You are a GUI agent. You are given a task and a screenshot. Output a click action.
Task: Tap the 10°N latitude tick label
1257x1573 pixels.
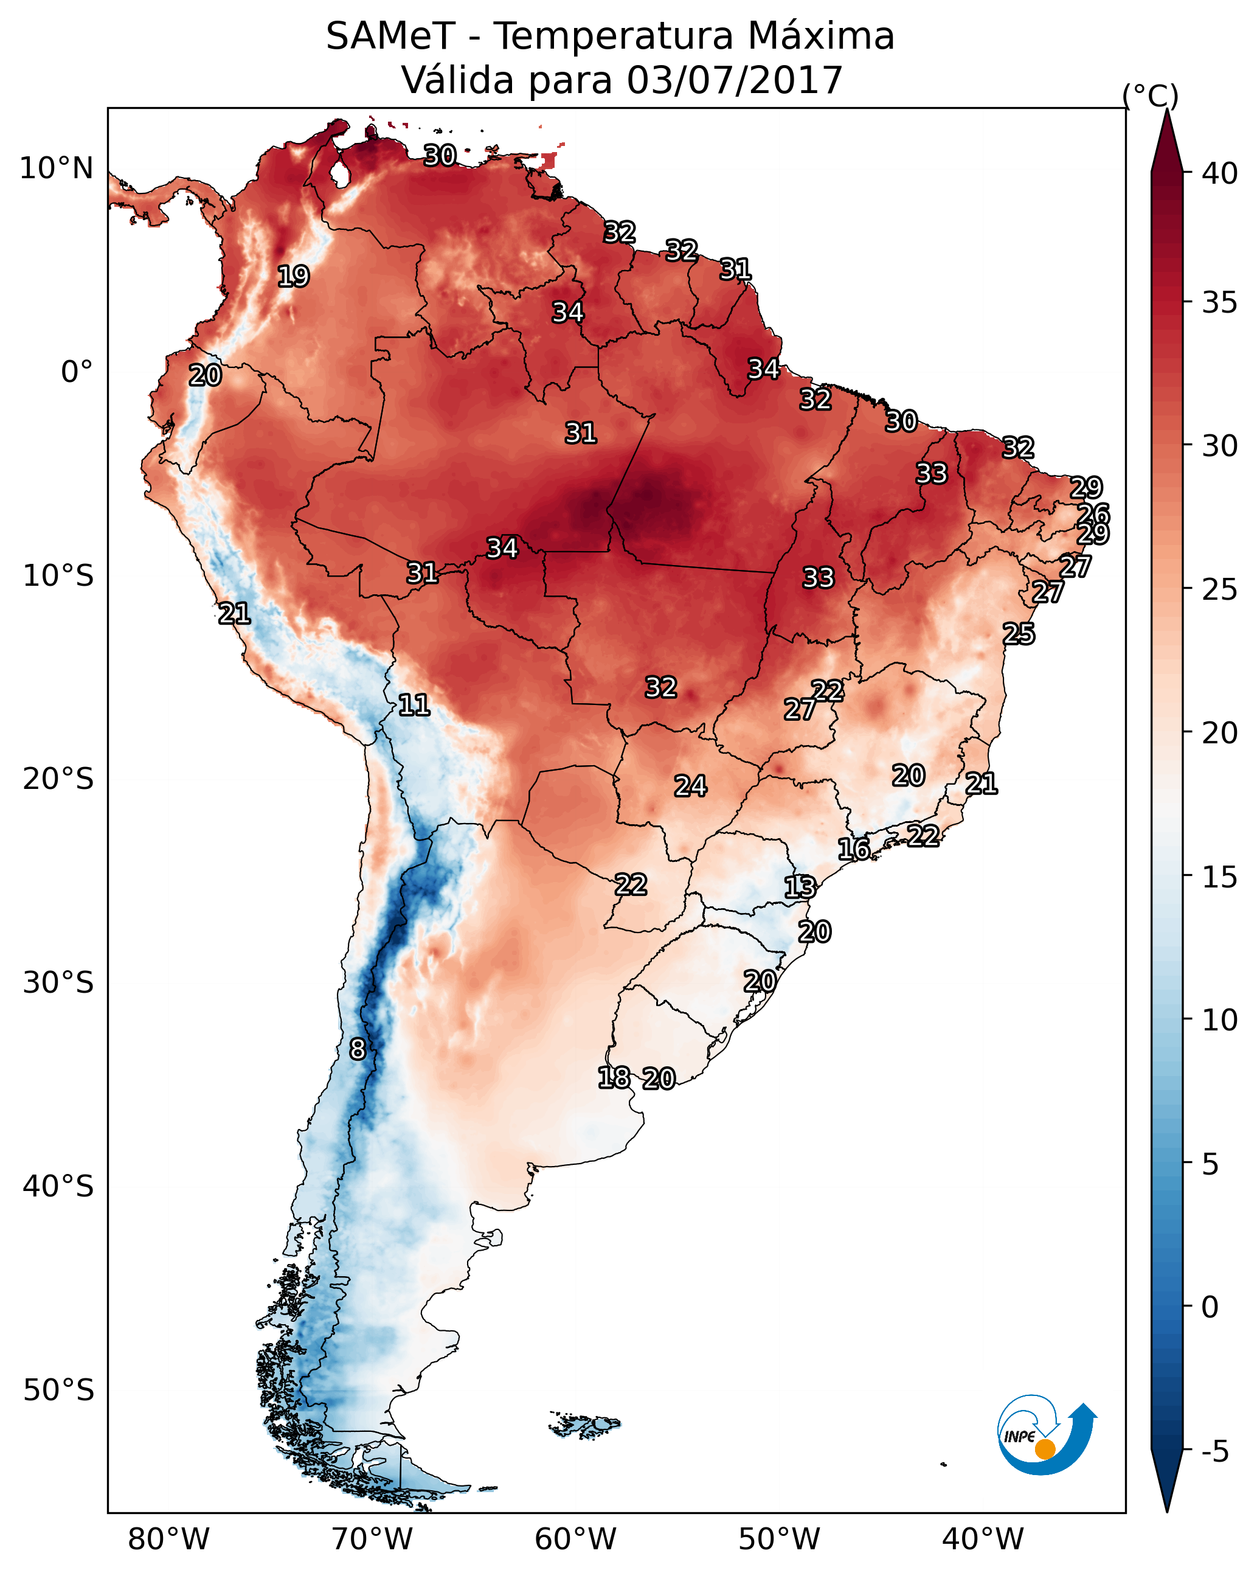coord(56,168)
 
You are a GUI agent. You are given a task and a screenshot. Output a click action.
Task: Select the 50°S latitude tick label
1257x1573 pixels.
coord(58,1390)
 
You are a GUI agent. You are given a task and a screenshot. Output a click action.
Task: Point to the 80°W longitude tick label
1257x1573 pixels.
coord(168,1539)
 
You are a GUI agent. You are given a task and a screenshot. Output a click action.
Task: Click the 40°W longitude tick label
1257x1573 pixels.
coord(983,1539)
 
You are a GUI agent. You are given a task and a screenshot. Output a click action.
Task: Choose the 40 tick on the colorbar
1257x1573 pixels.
coord(1219,173)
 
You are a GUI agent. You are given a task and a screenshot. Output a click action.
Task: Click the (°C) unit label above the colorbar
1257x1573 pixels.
coord(1150,95)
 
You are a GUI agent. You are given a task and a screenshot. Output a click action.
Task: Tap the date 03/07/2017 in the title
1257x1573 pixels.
coord(734,80)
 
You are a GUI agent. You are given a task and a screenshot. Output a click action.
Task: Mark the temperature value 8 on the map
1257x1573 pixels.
coord(357,1049)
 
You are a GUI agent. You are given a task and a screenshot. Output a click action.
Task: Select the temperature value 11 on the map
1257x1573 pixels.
coord(414,705)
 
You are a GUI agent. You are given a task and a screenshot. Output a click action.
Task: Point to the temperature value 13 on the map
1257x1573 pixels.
coord(800,887)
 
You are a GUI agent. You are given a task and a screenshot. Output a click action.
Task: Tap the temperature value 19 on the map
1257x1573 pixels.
coord(293,277)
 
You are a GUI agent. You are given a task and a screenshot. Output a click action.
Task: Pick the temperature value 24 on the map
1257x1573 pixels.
coord(690,786)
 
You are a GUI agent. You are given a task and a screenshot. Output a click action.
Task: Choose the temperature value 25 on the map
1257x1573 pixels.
coord(1018,634)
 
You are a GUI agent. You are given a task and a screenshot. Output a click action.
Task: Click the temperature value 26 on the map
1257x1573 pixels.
coord(1093,513)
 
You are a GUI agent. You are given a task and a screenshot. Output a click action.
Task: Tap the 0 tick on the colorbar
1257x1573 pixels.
coord(1210,1307)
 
